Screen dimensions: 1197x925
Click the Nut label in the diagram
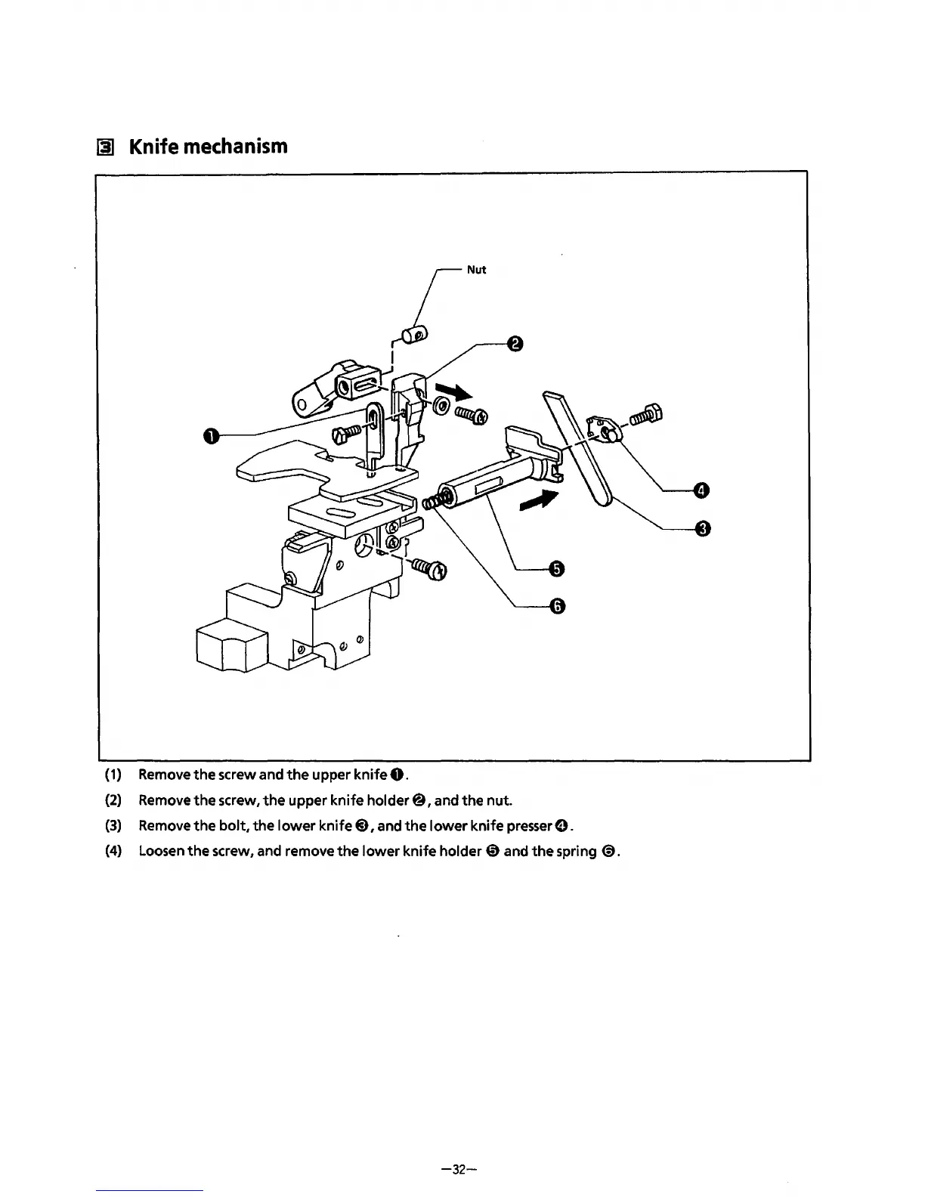point(476,270)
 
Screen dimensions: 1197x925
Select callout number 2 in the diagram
point(515,345)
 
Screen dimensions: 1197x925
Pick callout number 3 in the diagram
point(701,528)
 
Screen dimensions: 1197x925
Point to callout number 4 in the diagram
point(701,492)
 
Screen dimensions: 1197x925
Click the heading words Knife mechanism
point(209,146)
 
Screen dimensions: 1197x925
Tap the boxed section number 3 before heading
point(107,147)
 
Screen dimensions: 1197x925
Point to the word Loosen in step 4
point(161,852)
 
